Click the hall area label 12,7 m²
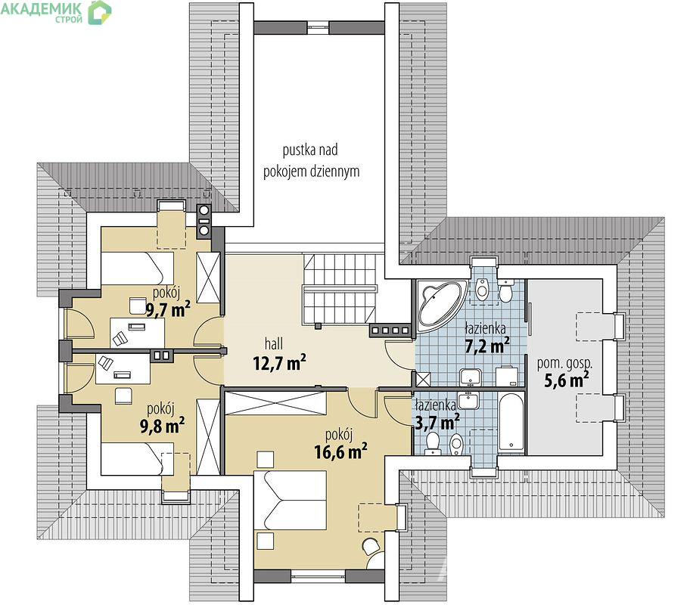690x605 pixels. (279, 364)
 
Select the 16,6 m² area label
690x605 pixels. (340, 451)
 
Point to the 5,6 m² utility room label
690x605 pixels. (567, 380)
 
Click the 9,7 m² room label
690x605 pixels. (168, 309)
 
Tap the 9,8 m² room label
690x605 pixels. (163, 426)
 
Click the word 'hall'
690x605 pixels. (274, 343)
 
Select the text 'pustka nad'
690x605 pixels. (310, 150)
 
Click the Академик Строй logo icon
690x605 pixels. (99, 12)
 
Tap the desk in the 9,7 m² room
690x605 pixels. (137, 332)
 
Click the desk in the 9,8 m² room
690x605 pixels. (123, 369)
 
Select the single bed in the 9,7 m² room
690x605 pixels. (137, 268)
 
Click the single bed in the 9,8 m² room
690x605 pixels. (137, 459)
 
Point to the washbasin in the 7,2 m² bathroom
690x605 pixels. (471, 377)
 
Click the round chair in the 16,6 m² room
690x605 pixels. (371, 546)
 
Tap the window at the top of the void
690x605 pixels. (319, 27)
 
